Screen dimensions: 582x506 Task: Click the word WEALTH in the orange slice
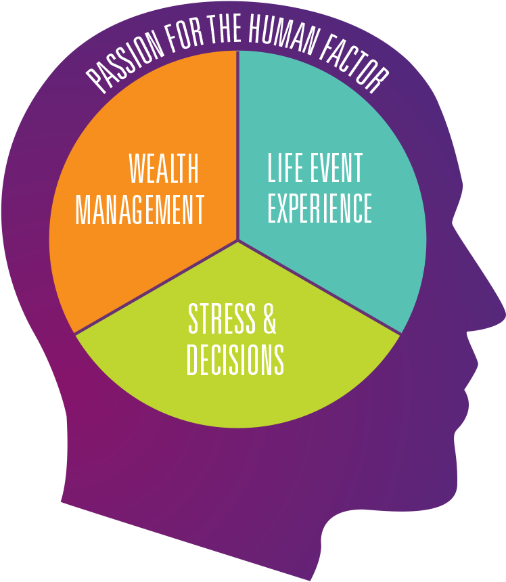(164, 169)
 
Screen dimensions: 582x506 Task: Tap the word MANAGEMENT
(140, 209)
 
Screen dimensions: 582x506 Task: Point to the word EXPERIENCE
(319, 208)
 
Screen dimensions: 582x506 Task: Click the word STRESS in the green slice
(223, 319)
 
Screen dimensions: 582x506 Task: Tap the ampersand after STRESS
(269, 319)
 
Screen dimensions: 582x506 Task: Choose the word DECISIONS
(235, 360)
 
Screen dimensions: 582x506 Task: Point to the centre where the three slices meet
(237, 240)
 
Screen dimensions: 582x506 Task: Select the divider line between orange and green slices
(156, 287)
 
